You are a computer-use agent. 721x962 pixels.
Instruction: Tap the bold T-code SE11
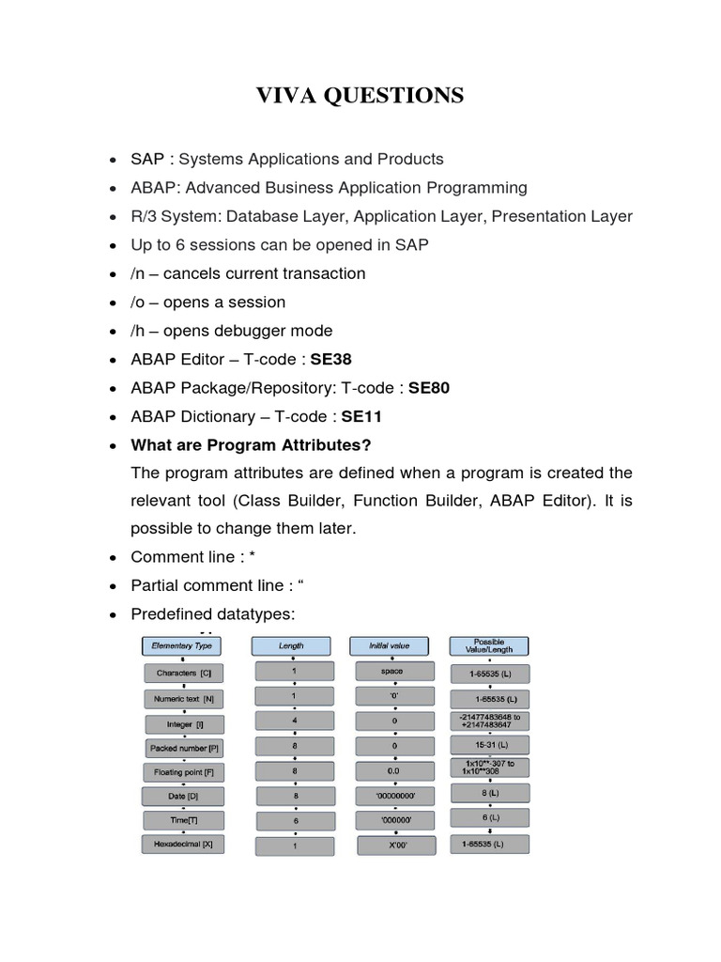click(361, 416)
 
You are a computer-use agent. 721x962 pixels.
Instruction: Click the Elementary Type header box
click(183, 646)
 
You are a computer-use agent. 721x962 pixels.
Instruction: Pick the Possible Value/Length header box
click(488, 646)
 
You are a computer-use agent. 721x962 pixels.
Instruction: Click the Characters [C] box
click(183, 674)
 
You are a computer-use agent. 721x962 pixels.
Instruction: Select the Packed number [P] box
click(183, 748)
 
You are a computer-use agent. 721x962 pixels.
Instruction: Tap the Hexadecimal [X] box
click(183, 845)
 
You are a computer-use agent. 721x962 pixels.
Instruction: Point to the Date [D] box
click(183, 796)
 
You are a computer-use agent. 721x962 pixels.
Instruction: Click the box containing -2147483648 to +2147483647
click(488, 722)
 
